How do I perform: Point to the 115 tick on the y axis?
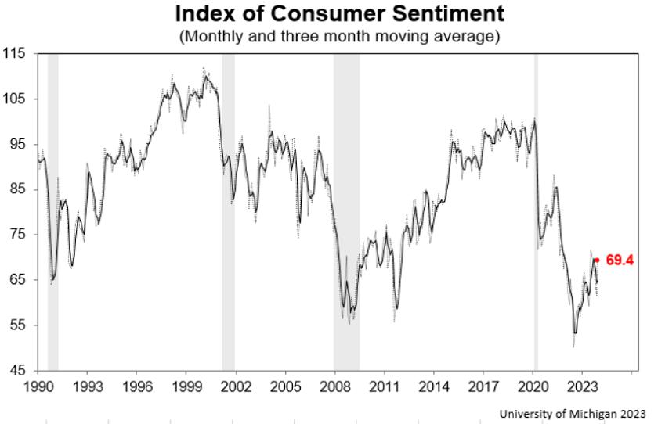tap(15, 53)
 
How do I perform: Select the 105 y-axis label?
tap(15, 99)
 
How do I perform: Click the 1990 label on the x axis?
tap(38, 386)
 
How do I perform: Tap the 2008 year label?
tap(335, 386)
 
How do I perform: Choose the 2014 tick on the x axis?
tap(434, 386)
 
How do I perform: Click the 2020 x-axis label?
tap(533, 386)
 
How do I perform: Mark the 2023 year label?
tap(582, 386)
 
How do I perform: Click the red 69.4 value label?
tap(619, 260)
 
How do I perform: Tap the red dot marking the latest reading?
tap(597, 260)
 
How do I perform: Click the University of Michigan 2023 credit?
tap(572, 413)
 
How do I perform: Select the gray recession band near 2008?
tap(346, 211)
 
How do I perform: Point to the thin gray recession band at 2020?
tap(536, 211)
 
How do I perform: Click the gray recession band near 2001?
tap(228, 211)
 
